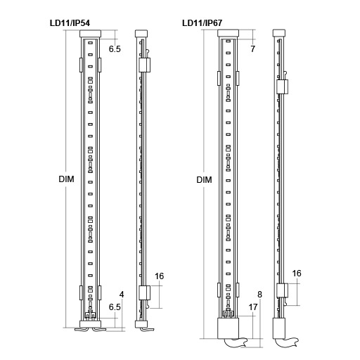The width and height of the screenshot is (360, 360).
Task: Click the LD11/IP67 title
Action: (202, 22)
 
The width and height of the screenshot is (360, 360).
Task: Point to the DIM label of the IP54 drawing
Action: (66, 179)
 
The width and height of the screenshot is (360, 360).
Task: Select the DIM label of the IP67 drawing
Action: (204, 180)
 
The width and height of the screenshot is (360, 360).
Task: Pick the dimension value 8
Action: (259, 294)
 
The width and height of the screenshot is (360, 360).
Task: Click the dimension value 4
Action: (122, 294)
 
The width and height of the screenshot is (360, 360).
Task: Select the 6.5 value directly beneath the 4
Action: (115, 307)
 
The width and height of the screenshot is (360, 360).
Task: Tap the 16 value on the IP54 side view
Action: (160, 276)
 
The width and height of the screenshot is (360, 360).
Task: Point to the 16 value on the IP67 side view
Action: (297, 273)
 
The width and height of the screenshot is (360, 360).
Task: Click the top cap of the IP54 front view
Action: (91, 33)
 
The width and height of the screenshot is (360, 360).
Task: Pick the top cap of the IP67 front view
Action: (228, 32)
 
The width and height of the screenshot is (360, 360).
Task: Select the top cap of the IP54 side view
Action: (142, 33)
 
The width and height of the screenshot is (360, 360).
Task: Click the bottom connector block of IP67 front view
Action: (228, 327)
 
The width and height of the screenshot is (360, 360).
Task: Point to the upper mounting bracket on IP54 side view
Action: (145, 65)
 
